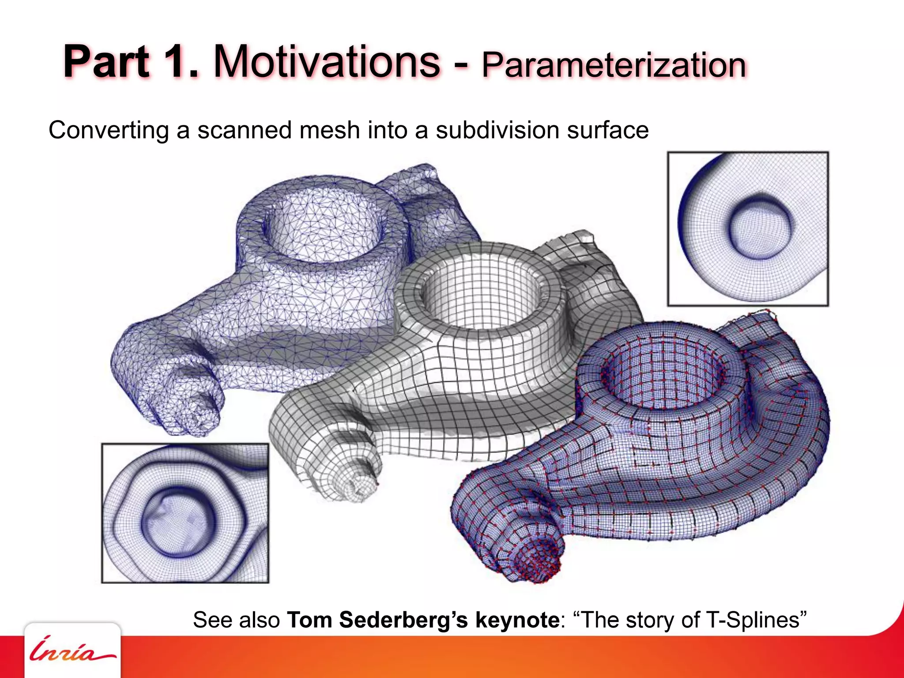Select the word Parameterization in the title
[614, 65]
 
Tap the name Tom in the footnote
[309, 620]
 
